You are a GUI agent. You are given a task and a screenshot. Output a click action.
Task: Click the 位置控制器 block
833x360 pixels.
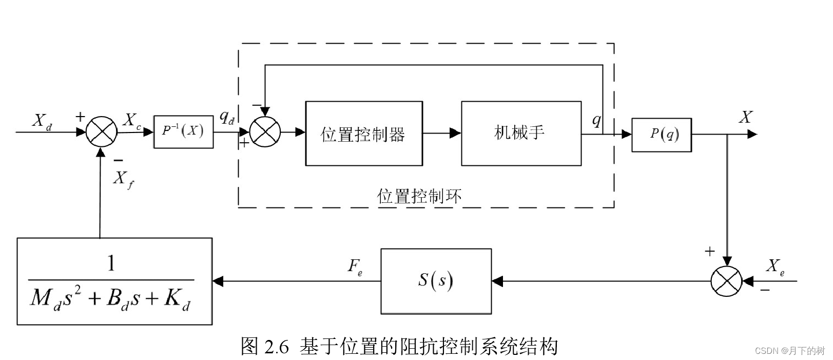[363, 134]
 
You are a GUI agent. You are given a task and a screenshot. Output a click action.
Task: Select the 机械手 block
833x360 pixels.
[521, 134]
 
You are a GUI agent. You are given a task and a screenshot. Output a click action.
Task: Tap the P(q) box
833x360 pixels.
[661, 135]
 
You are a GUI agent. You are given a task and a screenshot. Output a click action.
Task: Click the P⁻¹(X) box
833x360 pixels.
[183, 131]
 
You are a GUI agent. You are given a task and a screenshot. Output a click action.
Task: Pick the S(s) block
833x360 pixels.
[436, 281]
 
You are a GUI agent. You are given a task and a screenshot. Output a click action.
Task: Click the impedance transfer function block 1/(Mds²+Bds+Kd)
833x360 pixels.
[114, 281]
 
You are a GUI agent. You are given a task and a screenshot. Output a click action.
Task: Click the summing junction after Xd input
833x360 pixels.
[101, 131]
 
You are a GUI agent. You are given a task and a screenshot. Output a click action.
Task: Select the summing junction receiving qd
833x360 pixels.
[265, 131]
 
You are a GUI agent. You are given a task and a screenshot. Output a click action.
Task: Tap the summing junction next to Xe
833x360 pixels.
[726, 281]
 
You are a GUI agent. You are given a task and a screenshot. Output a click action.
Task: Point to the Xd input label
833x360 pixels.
[42, 121]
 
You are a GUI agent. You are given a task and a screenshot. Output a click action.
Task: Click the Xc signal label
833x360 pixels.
[132, 121]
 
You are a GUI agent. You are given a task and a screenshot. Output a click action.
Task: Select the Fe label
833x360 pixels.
[355, 267]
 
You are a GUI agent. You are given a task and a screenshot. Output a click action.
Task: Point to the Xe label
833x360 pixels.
[775, 267]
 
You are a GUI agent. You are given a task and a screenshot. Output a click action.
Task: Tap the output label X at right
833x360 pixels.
[745, 117]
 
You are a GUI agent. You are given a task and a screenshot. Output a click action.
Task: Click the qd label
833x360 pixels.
[227, 118]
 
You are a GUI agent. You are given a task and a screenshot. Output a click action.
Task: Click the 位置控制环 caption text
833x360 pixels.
[419, 196]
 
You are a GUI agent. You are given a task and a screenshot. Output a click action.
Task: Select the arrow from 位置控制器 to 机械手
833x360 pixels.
[441, 134]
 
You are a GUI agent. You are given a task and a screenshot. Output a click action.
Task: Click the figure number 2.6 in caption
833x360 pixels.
[277, 347]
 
